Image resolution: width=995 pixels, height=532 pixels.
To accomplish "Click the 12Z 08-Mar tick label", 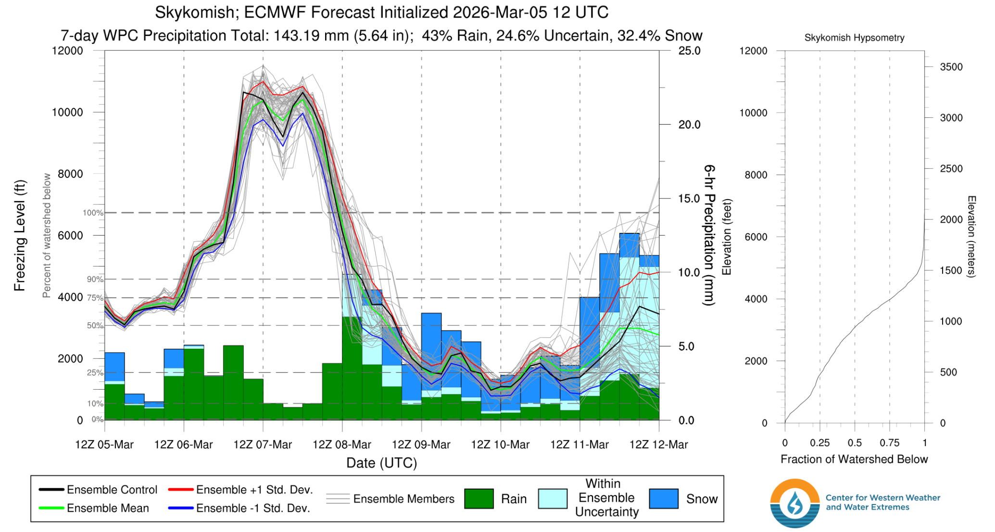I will [x=341, y=444].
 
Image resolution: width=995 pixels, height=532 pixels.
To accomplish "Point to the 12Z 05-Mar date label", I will [x=104, y=444].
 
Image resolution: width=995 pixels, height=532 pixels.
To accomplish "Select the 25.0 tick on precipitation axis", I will [x=689, y=51].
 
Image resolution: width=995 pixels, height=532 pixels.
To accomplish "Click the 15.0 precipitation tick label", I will [x=689, y=199].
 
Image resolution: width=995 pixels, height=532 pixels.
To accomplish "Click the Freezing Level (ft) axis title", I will [x=20, y=236].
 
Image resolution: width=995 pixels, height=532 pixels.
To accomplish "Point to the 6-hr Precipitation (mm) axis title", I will [x=709, y=235].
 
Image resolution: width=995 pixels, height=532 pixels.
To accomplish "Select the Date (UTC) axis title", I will [x=381, y=463].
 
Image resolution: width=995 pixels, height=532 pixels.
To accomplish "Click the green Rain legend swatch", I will [x=479, y=499].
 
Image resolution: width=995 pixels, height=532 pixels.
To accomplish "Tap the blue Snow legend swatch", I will [x=663, y=499].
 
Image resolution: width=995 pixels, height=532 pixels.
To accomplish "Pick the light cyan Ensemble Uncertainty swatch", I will [x=553, y=499].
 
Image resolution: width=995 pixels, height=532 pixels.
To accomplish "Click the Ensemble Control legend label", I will [x=112, y=490].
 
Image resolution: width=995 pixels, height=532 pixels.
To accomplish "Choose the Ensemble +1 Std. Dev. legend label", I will [x=254, y=490].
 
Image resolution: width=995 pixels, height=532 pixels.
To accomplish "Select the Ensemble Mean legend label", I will [x=108, y=508].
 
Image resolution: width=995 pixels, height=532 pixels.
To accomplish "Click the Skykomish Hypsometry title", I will [x=854, y=38].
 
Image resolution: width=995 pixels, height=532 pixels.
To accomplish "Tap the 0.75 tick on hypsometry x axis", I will [x=889, y=443].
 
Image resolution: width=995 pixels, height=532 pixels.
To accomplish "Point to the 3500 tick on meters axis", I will [x=951, y=67].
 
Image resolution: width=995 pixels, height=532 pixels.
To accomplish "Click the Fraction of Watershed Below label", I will [x=854, y=459].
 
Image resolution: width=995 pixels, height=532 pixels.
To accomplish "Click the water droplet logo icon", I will [x=794, y=504].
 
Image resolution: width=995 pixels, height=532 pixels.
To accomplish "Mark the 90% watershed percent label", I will [x=95, y=279].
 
